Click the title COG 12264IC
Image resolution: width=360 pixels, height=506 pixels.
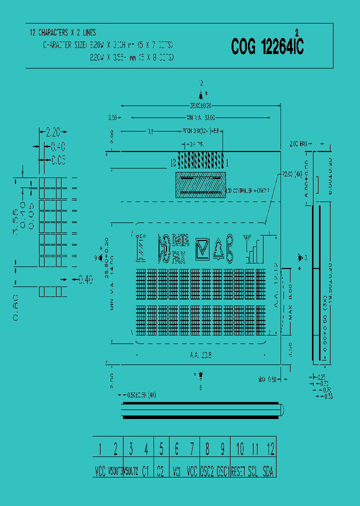click(267, 47)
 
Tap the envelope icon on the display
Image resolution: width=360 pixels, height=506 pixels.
click(202, 247)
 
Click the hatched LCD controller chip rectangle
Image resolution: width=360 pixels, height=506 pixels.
click(199, 185)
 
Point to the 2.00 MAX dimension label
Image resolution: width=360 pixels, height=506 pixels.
click(298, 144)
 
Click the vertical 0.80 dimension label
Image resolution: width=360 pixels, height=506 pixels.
click(16, 306)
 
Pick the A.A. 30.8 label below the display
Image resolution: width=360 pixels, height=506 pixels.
click(199, 355)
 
